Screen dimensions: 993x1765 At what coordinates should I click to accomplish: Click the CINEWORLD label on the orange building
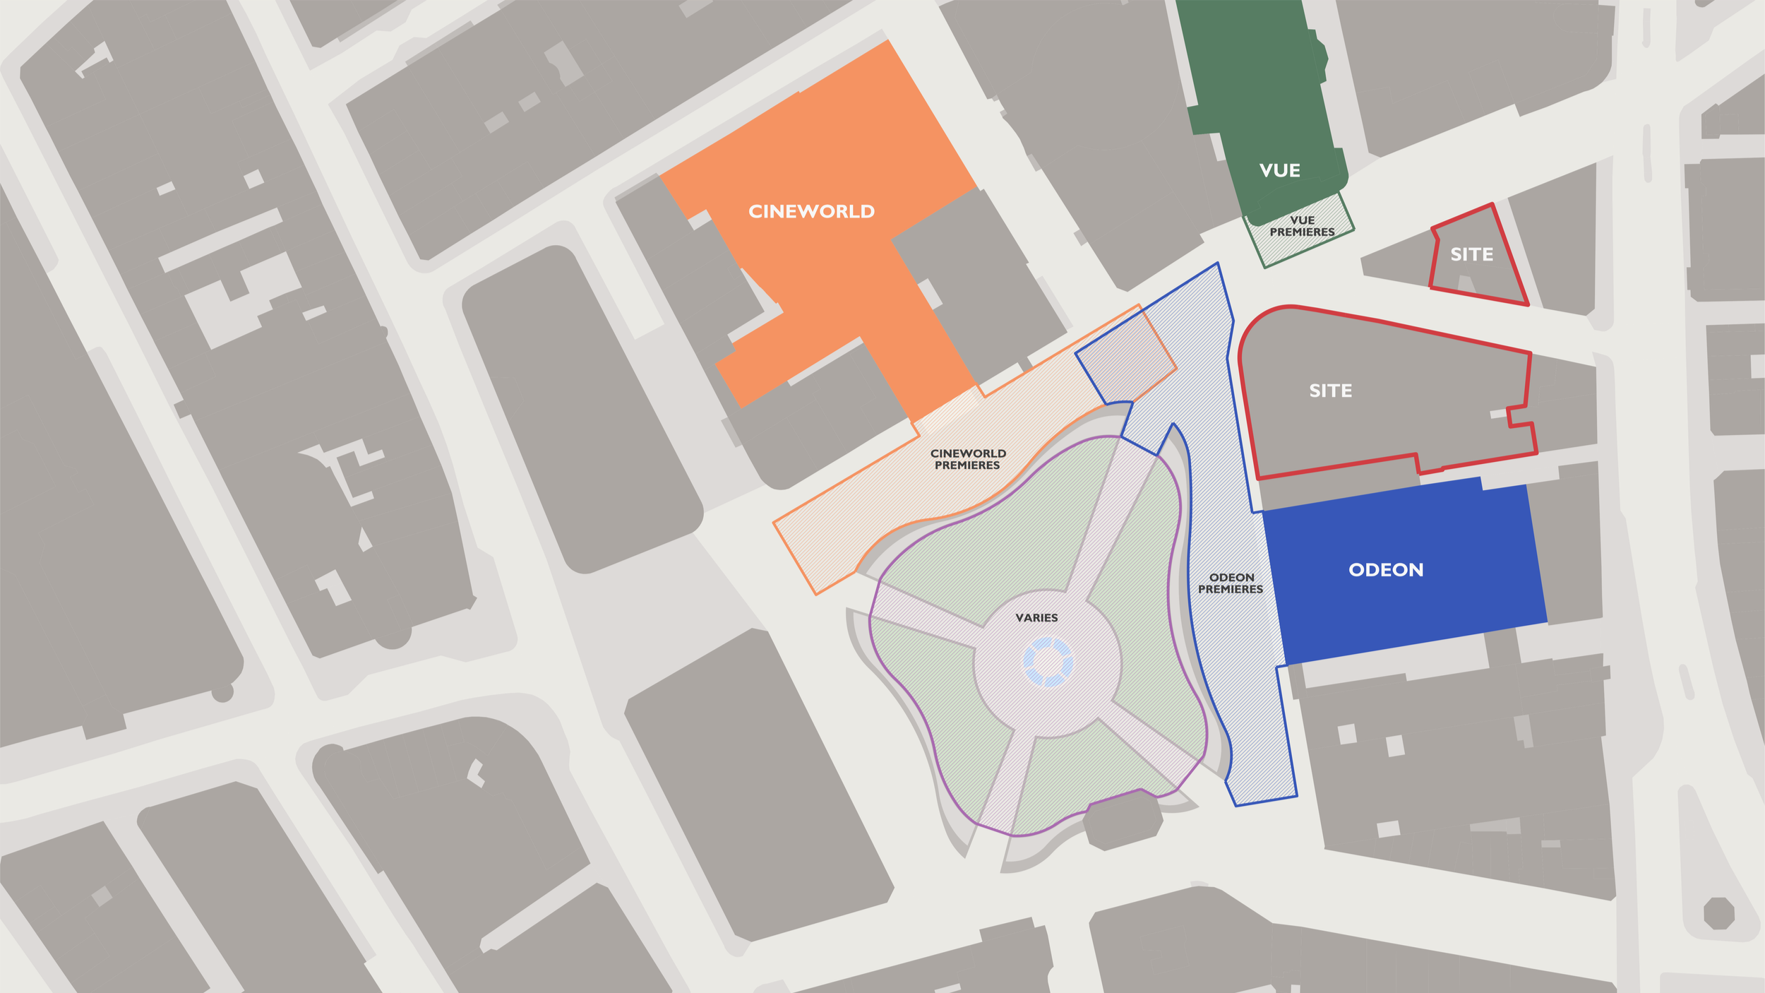[x=811, y=211]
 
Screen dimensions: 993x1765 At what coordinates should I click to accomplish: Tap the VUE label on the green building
[x=1279, y=170]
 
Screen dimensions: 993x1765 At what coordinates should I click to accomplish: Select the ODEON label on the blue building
[x=1385, y=570]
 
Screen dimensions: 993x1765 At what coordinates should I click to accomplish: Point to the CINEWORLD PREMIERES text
[x=967, y=459]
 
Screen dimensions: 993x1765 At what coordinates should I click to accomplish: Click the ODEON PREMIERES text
[x=1231, y=583]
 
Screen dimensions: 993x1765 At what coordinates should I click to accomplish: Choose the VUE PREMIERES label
[x=1302, y=226]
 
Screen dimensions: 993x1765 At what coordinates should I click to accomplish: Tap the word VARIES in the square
[x=1036, y=618]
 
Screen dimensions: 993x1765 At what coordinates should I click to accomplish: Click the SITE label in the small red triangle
[x=1471, y=254]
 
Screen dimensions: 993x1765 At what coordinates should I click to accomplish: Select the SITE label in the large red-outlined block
[x=1330, y=391]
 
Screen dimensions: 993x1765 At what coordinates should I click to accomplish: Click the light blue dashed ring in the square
[x=1048, y=662]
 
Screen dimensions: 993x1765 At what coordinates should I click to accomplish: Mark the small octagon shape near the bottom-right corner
[x=1718, y=913]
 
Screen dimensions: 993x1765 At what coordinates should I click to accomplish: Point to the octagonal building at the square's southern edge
[x=1123, y=821]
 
